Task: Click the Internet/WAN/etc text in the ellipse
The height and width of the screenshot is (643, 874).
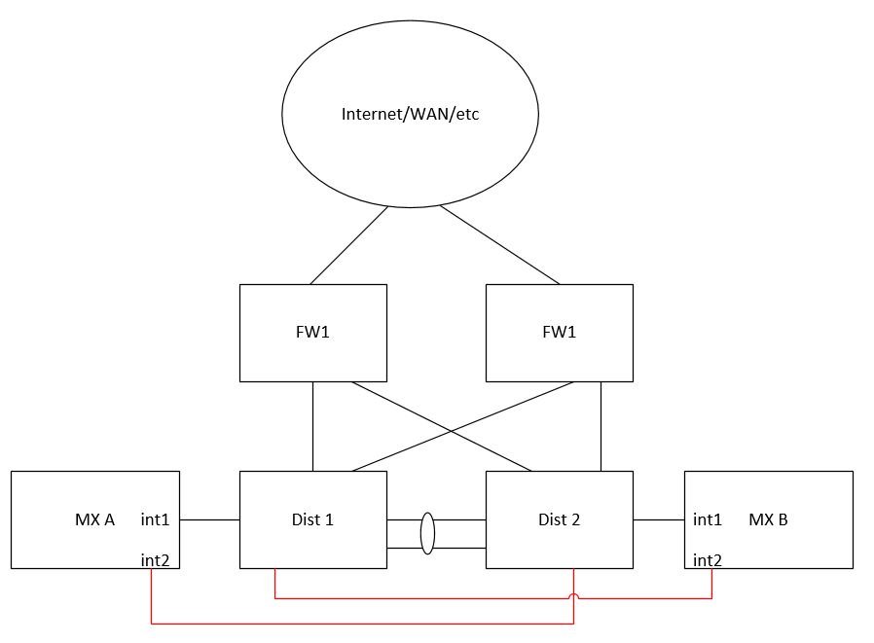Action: [x=410, y=114]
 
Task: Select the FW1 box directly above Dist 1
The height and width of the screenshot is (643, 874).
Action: [x=312, y=332]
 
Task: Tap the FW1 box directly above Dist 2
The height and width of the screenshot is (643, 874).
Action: [x=559, y=332]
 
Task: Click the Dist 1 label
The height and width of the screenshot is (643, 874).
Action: [x=312, y=519]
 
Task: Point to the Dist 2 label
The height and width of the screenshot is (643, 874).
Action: [x=559, y=519]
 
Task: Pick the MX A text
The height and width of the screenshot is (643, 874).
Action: [x=94, y=519]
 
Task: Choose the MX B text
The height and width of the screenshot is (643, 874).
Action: [x=768, y=519]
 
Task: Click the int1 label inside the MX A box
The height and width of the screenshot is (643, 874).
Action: [x=156, y=519]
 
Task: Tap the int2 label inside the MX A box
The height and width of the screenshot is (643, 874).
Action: [x=156, y=558]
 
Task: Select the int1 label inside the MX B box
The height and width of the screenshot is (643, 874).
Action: [x=708, y=519]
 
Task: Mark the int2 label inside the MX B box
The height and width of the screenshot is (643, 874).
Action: [x=708, y=559]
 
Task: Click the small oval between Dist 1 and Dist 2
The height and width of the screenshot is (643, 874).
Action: [x=427, y=533]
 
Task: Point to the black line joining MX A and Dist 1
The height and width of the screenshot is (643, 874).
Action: [x=209, y=519]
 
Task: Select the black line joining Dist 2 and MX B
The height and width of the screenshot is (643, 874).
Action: [x=658, y=519]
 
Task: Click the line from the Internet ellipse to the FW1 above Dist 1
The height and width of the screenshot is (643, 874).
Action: [x=348, y=244]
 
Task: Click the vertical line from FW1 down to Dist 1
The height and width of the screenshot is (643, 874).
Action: [x=312, y=426]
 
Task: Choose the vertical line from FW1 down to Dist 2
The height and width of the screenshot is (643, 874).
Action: [x=601, y=426]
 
